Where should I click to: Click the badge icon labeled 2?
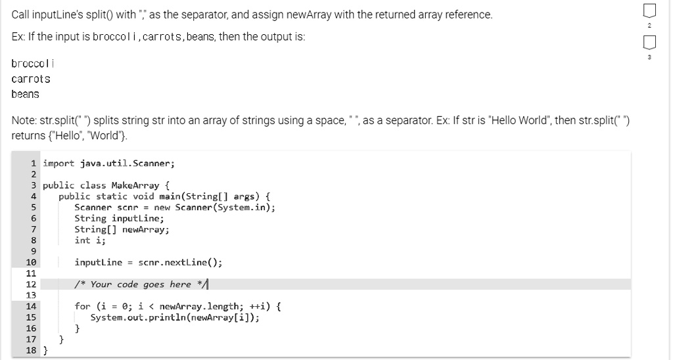[649, 11]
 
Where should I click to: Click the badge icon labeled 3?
[649, 43]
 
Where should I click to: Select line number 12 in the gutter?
[31, 284]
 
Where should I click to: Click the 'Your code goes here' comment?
[141, 284]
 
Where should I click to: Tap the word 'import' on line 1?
[58, 164]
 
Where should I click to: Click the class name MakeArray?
[135, 185]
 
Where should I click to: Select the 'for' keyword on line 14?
[82, 306]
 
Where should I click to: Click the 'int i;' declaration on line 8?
[89, 240]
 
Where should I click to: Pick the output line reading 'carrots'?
[31, 79]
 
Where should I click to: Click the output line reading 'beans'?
[26, 94]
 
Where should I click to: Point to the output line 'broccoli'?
[33, 64]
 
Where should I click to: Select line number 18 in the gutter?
[31, 350]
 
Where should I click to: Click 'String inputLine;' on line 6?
[120, 218]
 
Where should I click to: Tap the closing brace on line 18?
[45, 351]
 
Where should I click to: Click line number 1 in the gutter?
[33, 164]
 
